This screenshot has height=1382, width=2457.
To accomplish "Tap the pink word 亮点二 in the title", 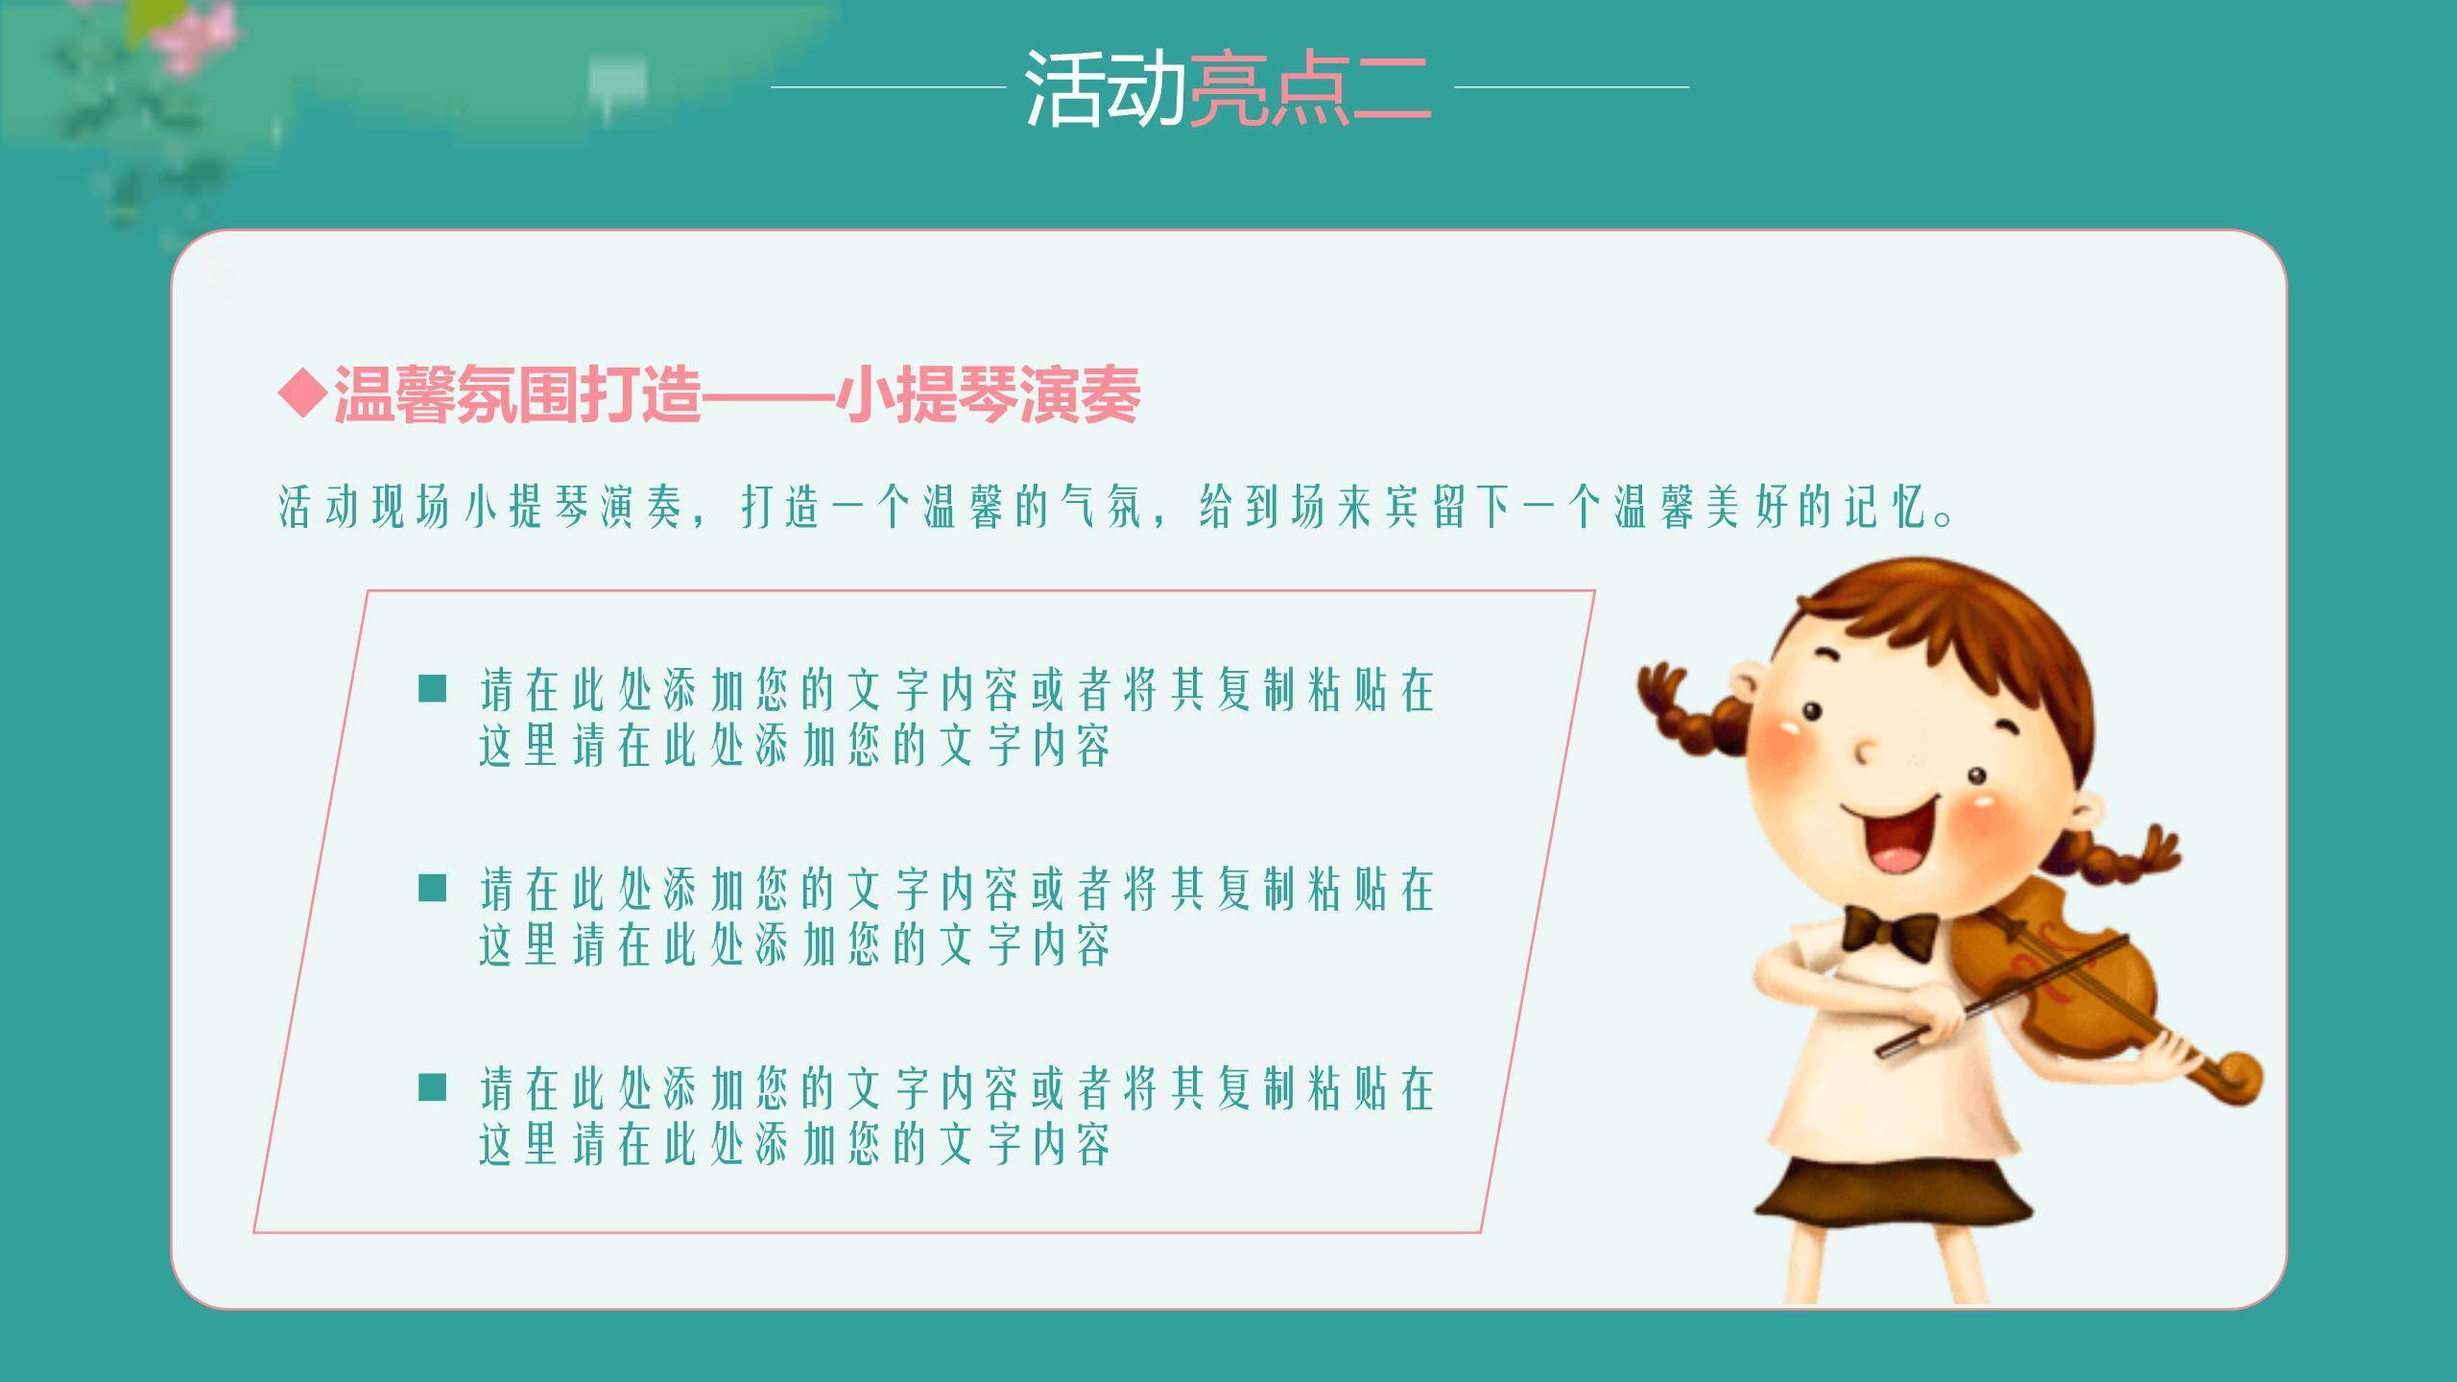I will [x=1309, y=88].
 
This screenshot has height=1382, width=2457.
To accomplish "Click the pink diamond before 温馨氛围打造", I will [x=302, y=393].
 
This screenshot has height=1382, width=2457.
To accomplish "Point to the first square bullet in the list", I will [x=433, y=688].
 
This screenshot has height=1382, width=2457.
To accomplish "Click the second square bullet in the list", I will [x=433, y=888].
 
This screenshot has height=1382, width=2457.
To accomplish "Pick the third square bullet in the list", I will [x=433, y=1087].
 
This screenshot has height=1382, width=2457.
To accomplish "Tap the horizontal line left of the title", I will [x=888, y=87].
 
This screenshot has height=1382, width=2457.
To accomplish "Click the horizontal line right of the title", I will [x=1571, y=87].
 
